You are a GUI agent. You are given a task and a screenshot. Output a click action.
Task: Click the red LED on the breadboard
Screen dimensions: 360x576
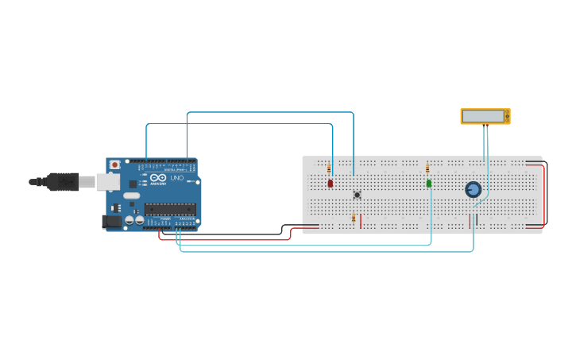(x=331, y=184)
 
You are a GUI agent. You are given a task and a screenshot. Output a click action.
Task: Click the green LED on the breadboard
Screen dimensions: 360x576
(x=429, y=184)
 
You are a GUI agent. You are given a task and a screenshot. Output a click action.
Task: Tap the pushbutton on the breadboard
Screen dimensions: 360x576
(x=357, y=194)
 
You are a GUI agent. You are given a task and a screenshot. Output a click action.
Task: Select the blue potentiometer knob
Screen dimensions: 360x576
(x=473, y=189)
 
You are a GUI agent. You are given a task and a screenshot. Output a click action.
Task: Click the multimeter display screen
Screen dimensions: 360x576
(x=483, y=116)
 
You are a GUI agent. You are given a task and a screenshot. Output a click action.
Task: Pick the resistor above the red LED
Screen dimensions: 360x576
(x=329, y=168)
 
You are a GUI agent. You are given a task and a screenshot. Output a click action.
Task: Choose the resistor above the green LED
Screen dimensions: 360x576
(x=427, y=168)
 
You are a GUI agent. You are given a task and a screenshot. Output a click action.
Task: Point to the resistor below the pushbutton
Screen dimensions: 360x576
(x=354, y=218)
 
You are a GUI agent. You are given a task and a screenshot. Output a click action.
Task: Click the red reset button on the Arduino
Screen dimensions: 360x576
(x=115, y=165)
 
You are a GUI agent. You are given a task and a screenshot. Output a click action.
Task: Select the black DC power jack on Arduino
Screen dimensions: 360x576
(x=112, y=222)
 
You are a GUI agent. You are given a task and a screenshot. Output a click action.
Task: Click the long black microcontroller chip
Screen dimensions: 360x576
(x=170, y=209)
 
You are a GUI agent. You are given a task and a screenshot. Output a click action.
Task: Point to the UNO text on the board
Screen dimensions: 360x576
(x=176, y=178)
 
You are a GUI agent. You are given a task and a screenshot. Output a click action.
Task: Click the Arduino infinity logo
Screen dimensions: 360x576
(x=158, y=177)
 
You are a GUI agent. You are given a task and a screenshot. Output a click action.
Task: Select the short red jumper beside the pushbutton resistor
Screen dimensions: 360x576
(x=360, y=220)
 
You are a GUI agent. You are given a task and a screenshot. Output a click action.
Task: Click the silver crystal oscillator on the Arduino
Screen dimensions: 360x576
(x=131, y=195)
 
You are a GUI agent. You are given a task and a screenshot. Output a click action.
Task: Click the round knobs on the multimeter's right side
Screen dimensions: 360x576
(x=507, y=116)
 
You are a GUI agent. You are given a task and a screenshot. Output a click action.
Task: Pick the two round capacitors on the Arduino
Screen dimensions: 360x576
(x=133, y=219)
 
